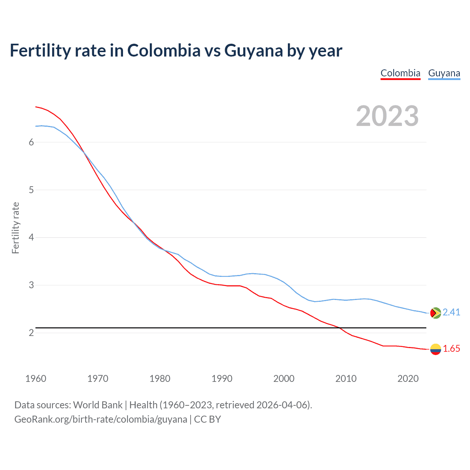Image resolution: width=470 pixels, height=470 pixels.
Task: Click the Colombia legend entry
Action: tap(400, 73)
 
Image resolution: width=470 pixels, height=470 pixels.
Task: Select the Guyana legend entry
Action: tap(444, 73)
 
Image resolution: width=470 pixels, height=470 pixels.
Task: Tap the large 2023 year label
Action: tap(387, 116)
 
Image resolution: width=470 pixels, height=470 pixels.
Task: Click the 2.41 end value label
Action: tap(451, 312)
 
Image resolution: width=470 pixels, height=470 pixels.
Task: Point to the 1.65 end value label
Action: tap(451, 349)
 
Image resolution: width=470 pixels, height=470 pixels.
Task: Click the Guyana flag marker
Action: tap(435, 313)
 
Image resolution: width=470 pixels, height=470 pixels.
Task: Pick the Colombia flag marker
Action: tap(435, 349)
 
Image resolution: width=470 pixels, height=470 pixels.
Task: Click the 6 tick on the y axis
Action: tap(31, 142)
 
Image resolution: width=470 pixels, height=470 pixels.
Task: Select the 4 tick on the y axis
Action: tap(31, 238)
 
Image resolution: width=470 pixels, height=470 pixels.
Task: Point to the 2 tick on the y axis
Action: tap(31, 333)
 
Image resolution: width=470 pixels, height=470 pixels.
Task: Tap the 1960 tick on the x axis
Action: tap(36, 379)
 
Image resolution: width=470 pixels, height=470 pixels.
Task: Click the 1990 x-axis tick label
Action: tap(222, 379)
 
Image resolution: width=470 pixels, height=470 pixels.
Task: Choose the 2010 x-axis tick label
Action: tap(346, 379)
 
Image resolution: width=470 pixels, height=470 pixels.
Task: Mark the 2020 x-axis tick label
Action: tap(408, 379)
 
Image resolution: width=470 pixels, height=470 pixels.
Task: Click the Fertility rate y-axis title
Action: tap(15, 228)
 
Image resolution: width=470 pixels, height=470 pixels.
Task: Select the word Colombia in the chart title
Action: tap(164, 51)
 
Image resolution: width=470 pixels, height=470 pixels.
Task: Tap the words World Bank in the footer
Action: tap(98, 405)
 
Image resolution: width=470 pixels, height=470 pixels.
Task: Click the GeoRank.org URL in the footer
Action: tap(101, 419)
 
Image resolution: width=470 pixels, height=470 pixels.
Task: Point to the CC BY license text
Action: tap(207, 419)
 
